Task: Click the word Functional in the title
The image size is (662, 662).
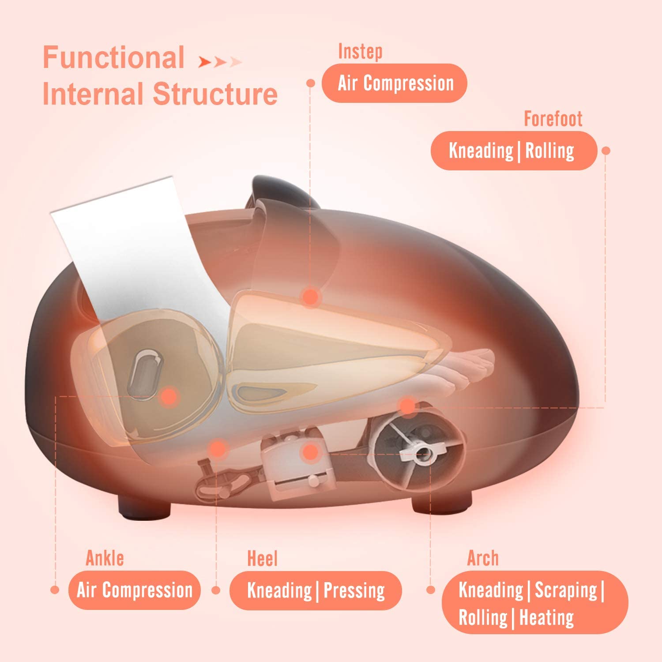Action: point(113,58)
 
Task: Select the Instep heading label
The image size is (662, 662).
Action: point(360,52)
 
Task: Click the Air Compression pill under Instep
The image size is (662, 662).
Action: point(394,83)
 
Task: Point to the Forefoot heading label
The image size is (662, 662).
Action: point(553,119)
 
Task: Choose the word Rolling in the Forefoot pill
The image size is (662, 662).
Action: point(549,151)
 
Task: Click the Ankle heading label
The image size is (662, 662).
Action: point(105,558)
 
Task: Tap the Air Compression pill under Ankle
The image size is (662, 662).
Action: point(134,591)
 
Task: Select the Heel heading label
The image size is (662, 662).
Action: point(262,559)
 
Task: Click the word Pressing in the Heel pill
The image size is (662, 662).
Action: point(354,591)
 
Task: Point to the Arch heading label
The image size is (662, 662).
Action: point(483,558)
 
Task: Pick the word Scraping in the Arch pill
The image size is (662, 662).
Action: point(566,590)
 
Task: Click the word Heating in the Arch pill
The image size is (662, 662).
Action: point(546,617)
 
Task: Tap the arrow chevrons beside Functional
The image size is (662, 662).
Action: point(220,62)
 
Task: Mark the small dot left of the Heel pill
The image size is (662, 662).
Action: point(216,590)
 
